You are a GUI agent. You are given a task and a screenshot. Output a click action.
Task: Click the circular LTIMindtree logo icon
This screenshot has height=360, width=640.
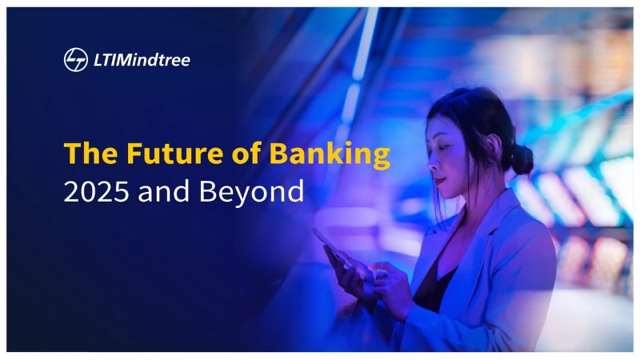click(x=76, y=60)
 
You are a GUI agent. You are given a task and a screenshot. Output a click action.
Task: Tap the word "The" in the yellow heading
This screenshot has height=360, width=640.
click(x=91, y=153)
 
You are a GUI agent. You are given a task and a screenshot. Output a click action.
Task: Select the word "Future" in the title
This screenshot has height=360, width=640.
click(x=175, y=153)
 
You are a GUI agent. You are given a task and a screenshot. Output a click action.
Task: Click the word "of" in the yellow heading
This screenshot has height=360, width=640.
click(x=246, y=153)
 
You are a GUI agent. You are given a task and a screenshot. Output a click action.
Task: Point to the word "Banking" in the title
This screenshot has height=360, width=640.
click(x=330, y=155)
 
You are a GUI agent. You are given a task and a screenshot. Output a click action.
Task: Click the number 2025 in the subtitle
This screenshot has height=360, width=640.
click(x=96, y=191)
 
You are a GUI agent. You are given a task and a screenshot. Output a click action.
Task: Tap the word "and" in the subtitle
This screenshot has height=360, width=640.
click(x=164, y=190)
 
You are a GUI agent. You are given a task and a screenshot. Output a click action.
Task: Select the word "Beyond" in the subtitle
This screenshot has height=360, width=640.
click(x=251, y=192)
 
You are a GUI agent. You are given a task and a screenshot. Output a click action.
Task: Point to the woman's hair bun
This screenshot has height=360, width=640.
click(x=522, y=158)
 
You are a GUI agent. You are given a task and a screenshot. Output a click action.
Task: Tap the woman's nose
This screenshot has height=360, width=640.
click(x=430, y=163)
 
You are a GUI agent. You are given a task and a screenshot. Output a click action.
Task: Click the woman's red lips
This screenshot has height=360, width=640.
click(x=438, y=181)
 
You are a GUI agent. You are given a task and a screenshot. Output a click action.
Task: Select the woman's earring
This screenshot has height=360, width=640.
click(x=487, y=165)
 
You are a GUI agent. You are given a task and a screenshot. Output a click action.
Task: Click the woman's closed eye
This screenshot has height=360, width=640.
click(x=443, y=146)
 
